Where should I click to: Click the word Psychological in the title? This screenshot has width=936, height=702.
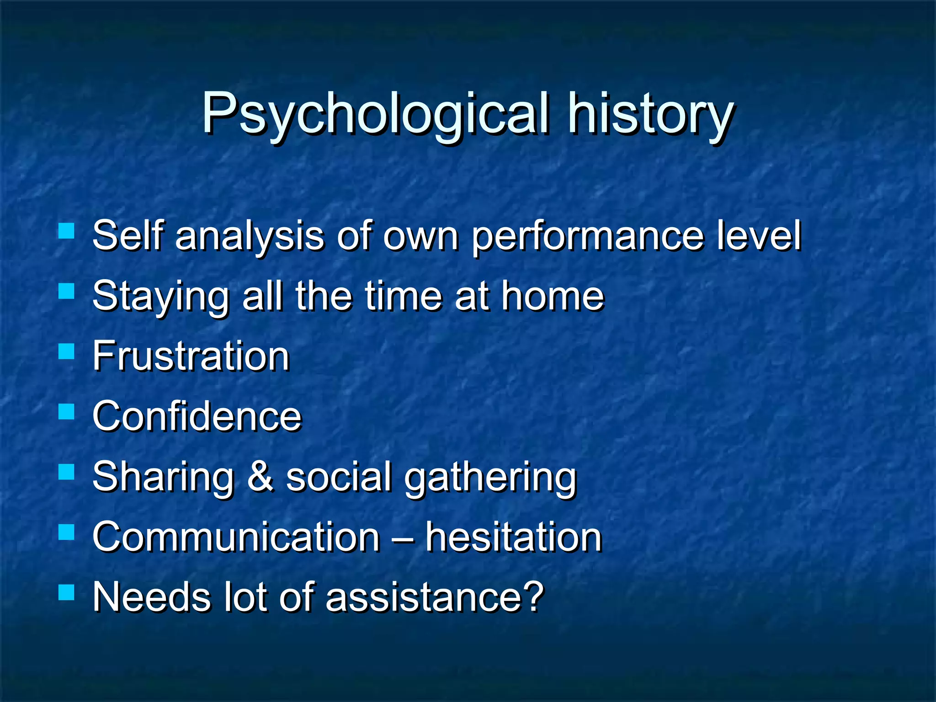(x=375, y=114)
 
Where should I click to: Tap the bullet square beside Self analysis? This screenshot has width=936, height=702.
(x=67, y=231)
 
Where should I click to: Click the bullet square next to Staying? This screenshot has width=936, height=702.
(x=67, y=291)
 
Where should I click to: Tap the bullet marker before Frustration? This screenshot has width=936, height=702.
(x=67, y=351)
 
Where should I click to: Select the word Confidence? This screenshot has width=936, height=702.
(x=197, y=416)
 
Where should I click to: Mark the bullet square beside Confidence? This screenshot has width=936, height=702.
(x=67, y=412)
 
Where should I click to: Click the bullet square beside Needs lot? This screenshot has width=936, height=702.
(x=67, y=593)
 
